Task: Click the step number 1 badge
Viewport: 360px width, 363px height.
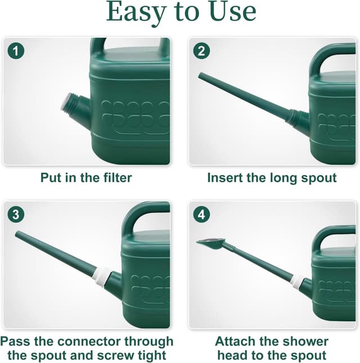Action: [16, 51]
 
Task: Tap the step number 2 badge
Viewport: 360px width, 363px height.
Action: [201, 51]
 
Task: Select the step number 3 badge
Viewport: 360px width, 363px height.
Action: [16, 215]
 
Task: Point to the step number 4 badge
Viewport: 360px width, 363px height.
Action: [201, 215]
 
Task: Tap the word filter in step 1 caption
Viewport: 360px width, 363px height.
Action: [114, 178]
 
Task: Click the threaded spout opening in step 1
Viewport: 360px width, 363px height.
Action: [67, 103]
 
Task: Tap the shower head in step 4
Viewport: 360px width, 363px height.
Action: [210, 243]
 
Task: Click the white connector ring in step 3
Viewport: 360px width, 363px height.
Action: [102, 276]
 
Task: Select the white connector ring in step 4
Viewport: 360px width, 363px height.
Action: [296, 281]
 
